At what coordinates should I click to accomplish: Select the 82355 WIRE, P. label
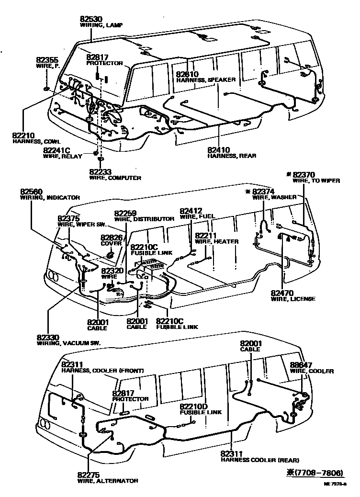click(x=47, y=60)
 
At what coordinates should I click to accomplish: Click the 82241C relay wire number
click(x=57, y=150)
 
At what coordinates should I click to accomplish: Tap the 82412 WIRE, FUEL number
click(x=191, y=210)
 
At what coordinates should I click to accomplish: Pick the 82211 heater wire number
click(x=206, y=236)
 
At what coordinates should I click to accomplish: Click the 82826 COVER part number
click(x=111, y=237)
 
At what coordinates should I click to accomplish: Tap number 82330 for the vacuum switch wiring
click(x=48, y=338)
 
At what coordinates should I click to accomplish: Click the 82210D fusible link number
click(x=194, y=406)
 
